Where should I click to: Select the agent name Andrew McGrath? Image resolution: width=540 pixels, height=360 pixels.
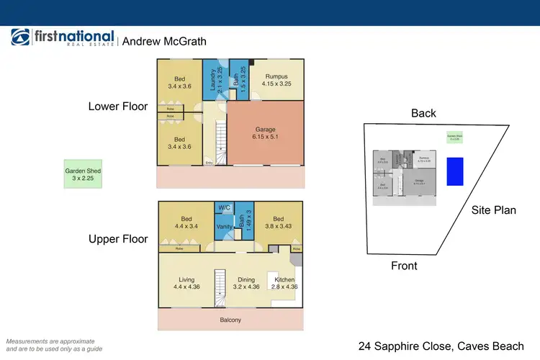tap(164, 41)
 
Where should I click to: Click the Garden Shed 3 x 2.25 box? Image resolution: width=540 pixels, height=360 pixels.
tap(83, 175)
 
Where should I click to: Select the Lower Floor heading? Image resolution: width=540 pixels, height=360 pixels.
tap(118, 107)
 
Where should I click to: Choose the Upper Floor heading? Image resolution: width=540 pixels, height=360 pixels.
tap(118, 239)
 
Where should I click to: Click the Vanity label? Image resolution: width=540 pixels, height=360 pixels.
tap(225, 228)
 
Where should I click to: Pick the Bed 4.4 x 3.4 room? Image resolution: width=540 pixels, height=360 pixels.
tap(186, 222)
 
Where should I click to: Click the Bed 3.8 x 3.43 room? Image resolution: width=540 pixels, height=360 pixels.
tap(276, 222)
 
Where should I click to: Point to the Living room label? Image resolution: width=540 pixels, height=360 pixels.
tap(186, 283)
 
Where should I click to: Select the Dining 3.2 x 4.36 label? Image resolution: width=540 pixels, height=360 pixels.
tap(246, 283)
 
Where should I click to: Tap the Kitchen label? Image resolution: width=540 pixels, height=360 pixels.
tap(284, 283)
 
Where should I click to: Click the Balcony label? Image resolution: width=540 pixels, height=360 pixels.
tap(230, 320)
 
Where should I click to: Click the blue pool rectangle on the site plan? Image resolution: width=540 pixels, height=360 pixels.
tap(455, 171)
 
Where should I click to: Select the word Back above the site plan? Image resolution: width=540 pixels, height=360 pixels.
tap(424, 113)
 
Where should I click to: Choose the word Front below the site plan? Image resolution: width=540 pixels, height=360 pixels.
tap(404, 266)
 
